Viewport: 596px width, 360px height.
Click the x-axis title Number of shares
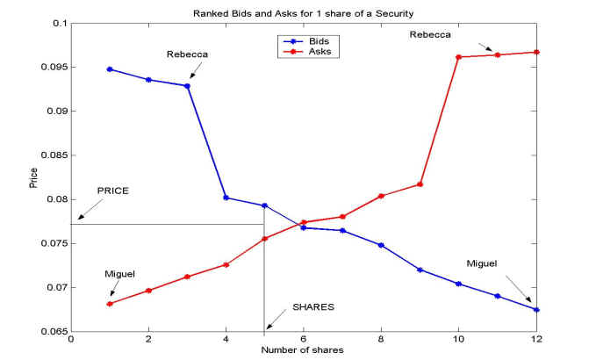click(302, 350)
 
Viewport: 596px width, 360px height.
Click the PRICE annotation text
click(112, 191)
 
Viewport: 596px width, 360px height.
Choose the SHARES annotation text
click(313, 308)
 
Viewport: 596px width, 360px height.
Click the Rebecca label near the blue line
click(185, 54)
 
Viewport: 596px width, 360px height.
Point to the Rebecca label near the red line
click(430, 34)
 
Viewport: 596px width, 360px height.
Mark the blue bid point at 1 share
click(110, 68)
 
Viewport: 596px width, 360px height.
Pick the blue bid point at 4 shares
click(226, 198)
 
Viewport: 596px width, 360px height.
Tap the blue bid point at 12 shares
click(536, 309)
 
